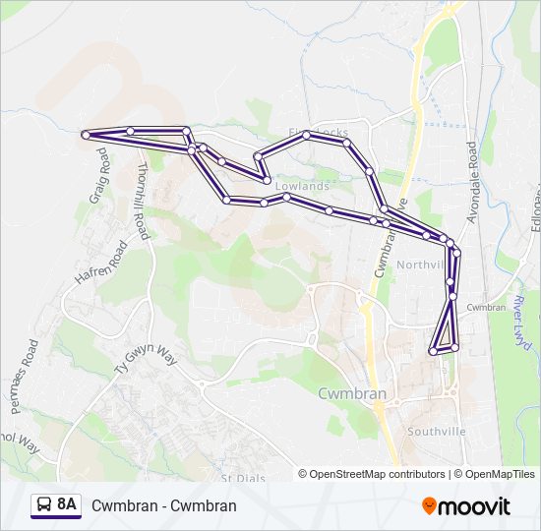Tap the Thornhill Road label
(x=144, y=200)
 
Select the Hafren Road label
(x=101, y=264)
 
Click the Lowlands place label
(x=302, y=186)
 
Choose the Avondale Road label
(x=472, y=182)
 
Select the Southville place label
(x=438, y=431)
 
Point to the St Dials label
(x=238, y=478)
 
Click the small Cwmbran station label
(x=485, y=307)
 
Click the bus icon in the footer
(x=44, y=505)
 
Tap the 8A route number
(x=67, y=504)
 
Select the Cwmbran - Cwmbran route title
(x=163, y=505)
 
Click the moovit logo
(x=466, y=506)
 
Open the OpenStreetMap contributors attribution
(x=377, y=474)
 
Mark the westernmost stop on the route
(x=86, y=134)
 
